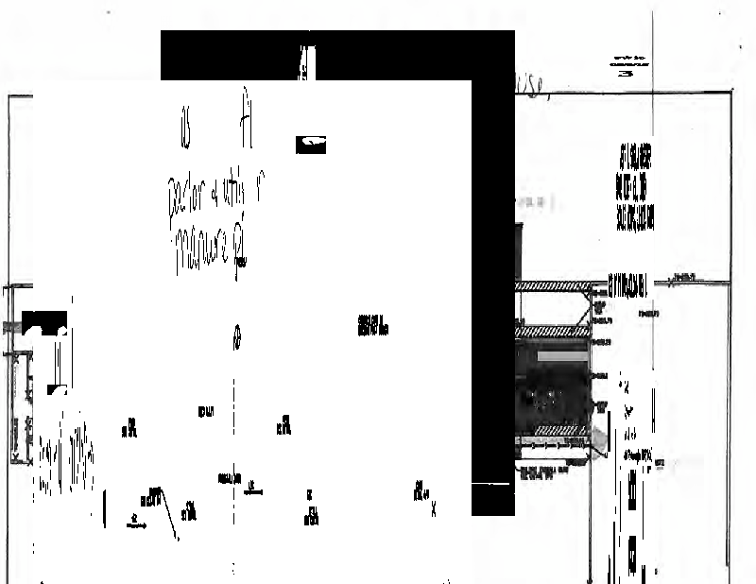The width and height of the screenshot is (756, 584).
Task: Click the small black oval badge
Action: (312, 144)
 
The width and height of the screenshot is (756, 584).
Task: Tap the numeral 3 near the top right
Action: (621, 73)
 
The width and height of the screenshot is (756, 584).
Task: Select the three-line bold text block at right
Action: (634, 187)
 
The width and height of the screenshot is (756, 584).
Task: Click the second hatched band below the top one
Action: (553, 332)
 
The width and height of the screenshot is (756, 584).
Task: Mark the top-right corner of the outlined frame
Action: (731, 93)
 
